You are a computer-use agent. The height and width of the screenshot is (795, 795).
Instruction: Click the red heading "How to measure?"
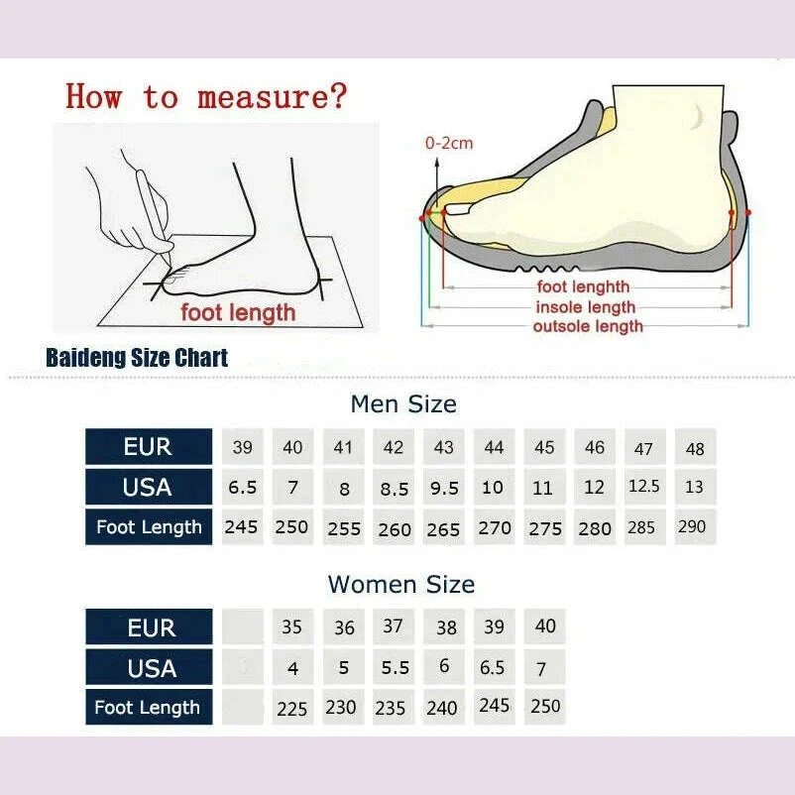tap(206, 96)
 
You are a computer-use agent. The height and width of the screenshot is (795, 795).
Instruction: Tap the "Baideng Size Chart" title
tap(137, 358)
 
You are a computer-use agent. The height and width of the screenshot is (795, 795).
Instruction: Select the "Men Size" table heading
tap(403, 403)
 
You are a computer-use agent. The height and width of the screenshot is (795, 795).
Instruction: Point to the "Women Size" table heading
tap(401, 584)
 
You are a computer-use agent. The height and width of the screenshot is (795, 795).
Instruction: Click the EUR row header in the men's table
tap(149, 447)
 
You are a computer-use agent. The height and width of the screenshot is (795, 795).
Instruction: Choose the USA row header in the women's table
tap(149, 668)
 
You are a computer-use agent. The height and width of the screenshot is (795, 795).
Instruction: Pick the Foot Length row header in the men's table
tap(149, 527)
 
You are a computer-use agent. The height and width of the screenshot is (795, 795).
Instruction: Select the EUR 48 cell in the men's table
tap(695, 448)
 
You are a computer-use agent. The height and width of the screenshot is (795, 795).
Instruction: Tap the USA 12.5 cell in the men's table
tap(644, 487)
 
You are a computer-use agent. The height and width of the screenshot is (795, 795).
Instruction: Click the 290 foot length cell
tap(692, 526)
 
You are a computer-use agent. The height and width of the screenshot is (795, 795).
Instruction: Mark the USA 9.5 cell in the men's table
tap(443, 488)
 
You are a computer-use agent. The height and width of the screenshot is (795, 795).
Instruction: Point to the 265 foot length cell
tap(443, 528)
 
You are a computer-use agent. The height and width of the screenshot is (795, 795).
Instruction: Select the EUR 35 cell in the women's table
tap(292, 627)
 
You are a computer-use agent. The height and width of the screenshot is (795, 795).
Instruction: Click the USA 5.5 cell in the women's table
tap(395, 668)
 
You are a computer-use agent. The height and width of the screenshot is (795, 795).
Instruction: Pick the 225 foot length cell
tap(292, 708)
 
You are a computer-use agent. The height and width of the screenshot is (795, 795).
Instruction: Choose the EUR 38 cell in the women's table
tap(446, 627)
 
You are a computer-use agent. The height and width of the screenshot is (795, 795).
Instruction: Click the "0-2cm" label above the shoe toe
tap(449, 143)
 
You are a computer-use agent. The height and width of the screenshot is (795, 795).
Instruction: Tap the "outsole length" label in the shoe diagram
tap(588, 326)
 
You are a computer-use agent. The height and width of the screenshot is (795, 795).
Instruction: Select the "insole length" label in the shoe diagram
tap(586, 307)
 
